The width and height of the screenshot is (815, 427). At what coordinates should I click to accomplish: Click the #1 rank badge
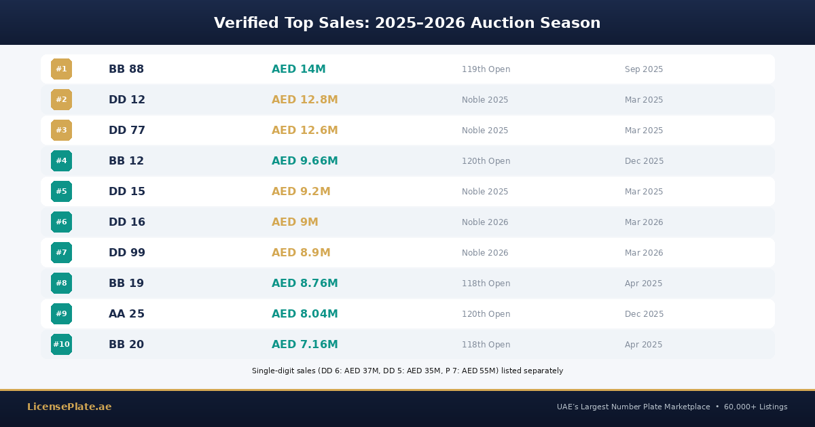point(61,69)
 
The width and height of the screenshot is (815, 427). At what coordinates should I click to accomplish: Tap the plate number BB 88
point(126,69)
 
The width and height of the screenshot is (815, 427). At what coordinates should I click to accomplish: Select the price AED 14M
point(298,69)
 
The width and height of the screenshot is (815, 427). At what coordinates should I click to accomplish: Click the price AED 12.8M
point(304,100)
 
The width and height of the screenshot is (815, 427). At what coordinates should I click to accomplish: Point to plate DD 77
point(127,131)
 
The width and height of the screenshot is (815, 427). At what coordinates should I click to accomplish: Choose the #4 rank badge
point(61,161)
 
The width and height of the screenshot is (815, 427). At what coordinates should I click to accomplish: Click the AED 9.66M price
point(304,161)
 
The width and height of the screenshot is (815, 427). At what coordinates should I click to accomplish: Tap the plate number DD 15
point(127,192)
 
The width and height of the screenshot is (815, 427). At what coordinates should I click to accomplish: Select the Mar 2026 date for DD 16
point(644,222)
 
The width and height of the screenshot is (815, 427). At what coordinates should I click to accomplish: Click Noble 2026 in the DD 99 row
point(485,253)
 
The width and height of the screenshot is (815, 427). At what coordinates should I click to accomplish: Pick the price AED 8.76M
point(304,284)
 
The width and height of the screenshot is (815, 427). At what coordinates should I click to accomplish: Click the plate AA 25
point(126,314)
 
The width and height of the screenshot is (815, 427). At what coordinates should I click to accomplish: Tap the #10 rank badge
point(61,345)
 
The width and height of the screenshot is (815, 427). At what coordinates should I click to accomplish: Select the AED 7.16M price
point(304,345)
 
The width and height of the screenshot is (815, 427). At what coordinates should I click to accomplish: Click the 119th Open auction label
point(486,69)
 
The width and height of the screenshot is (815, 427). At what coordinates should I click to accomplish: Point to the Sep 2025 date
point(644,69)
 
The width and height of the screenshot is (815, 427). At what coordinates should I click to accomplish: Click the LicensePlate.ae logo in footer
point(69,407)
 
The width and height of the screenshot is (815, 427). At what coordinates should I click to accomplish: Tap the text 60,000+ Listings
point(755,407)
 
